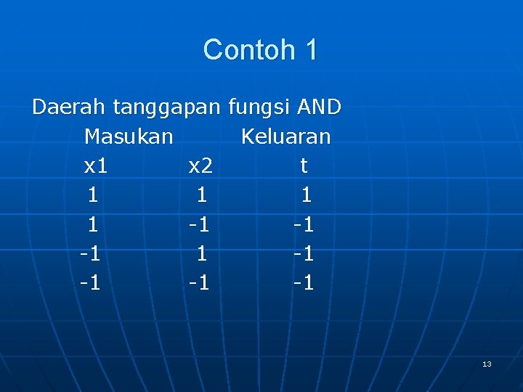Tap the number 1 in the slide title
coord(311,50)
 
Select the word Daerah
coord(70,107)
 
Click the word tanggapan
coord(166,108)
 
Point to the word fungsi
coord(259,107)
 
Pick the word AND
coord(319,107)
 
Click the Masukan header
coord(129,136)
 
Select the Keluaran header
coord(285,136)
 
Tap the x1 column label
coord(96,166)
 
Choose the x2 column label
coord(200,166)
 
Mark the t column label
coord(304,166)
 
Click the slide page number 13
coord(487,364)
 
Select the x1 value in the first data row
coord(93,195)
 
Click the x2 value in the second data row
coord(198,224)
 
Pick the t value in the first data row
coord(307,195)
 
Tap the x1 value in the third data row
coord(89,253)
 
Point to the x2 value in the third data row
coord(202,253)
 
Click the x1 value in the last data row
coord(89,282)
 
